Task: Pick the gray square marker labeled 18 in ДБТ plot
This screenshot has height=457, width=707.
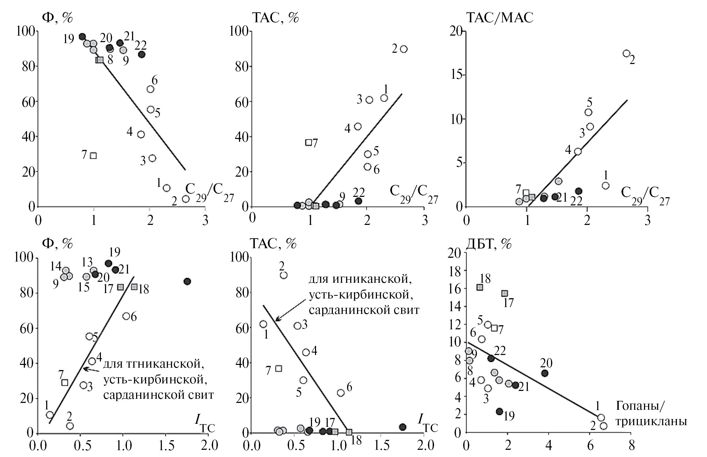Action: click(480, 288)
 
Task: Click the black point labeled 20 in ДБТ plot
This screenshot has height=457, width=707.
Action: click(545, 373)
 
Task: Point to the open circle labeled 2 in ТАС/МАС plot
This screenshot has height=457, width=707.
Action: click(626, 53)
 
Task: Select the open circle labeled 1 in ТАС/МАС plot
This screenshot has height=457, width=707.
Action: click(605, 186)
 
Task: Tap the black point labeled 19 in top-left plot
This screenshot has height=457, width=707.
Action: click(82, 37)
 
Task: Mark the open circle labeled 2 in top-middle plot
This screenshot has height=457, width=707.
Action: click(404, 49)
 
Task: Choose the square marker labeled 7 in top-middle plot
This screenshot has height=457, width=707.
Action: click(309, 142)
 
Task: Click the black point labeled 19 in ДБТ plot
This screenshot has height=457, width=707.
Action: click(499, 411)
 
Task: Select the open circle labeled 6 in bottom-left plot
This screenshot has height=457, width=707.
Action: click(126, 316)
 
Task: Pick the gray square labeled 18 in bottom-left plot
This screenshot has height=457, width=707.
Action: click(134, 287)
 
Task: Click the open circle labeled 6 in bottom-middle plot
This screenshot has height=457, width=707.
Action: click(341, 393)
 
